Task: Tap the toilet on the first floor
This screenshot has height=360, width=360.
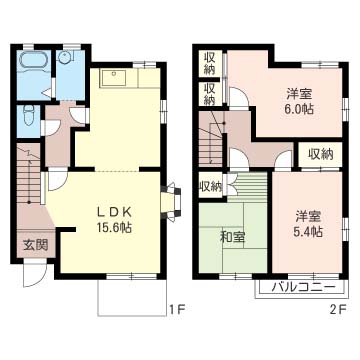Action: pos(29,115)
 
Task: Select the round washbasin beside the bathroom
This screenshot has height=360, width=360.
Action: pos(63,58)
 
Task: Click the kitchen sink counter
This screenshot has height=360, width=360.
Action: pos(113,78)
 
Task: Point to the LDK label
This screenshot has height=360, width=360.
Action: pos(115,211)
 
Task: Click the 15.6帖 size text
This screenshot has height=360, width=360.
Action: pos(115,227)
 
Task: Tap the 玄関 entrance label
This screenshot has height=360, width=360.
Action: pos(35,246)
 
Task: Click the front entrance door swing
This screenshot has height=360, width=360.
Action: pos(35,275)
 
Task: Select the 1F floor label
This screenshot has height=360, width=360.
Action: pos(176,310)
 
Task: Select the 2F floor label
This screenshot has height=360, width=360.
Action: pos(339,310)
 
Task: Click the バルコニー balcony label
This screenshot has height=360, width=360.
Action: pos(302,287)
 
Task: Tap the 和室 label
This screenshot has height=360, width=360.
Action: pos(233,237)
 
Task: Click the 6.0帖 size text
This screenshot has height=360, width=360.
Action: pos(299,109)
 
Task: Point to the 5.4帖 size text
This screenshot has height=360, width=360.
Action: pos(309,232)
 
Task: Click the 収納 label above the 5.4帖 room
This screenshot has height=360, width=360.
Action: pos(320,154)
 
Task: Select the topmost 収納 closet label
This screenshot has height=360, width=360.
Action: pos(209,63)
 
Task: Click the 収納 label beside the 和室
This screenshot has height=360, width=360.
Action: pos(211,187)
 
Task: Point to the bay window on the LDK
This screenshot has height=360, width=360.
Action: pos(171,202)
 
